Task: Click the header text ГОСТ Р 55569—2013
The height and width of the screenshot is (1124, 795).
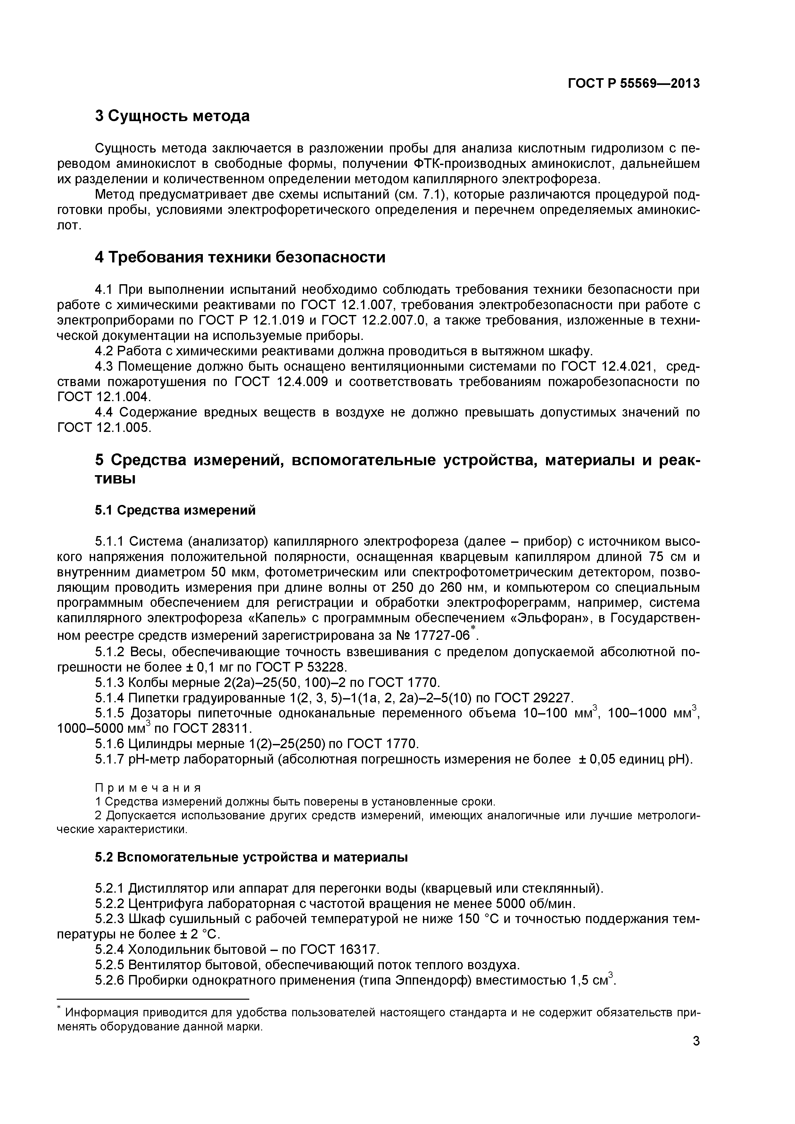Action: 634,84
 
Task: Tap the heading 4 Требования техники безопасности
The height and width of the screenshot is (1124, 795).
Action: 240,257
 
